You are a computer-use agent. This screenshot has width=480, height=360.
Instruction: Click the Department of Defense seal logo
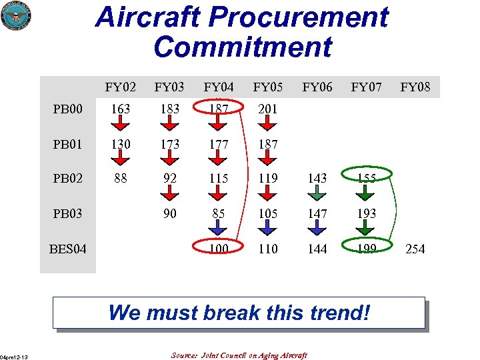17,16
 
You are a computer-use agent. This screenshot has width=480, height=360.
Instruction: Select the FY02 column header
121,87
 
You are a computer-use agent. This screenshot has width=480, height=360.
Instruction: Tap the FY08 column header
415,87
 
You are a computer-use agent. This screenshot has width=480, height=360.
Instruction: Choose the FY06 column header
317,87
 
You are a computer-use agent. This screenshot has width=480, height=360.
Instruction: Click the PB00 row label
69,109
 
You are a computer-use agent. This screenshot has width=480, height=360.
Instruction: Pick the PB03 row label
69,213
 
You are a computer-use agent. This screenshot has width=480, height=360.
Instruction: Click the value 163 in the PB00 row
121,109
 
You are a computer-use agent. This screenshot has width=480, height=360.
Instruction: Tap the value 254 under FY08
415,249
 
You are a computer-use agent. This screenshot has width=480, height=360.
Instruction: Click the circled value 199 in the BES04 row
366,249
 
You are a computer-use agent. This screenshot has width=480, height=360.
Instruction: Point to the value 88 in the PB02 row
121,179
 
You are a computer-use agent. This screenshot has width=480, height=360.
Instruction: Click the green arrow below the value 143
317,194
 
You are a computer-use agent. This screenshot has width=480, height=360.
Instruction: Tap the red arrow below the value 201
268,124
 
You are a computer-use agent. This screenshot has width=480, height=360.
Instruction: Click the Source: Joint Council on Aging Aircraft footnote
239,355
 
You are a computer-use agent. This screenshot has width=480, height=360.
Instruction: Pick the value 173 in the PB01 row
170,143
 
